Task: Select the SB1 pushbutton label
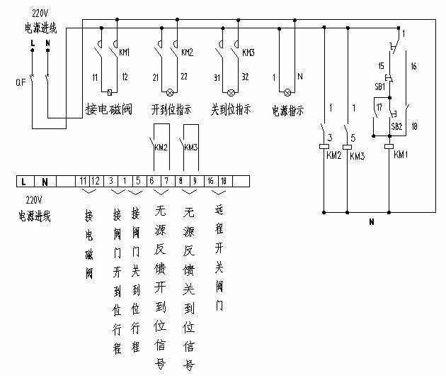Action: coord(379,87)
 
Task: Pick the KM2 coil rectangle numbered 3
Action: coord(323,146)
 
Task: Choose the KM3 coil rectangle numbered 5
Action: coord(347,146)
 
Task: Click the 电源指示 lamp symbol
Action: coord(287,93)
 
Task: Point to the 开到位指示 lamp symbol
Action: coord(168,93)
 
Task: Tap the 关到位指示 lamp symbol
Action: coord(230,93)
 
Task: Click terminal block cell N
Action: coord(45,182)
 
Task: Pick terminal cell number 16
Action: coord(210,182)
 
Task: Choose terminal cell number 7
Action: coord(166,182)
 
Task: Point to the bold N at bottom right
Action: coord(370,222)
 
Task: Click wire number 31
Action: coord(217,77)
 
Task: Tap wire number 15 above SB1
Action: coord(380,65)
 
